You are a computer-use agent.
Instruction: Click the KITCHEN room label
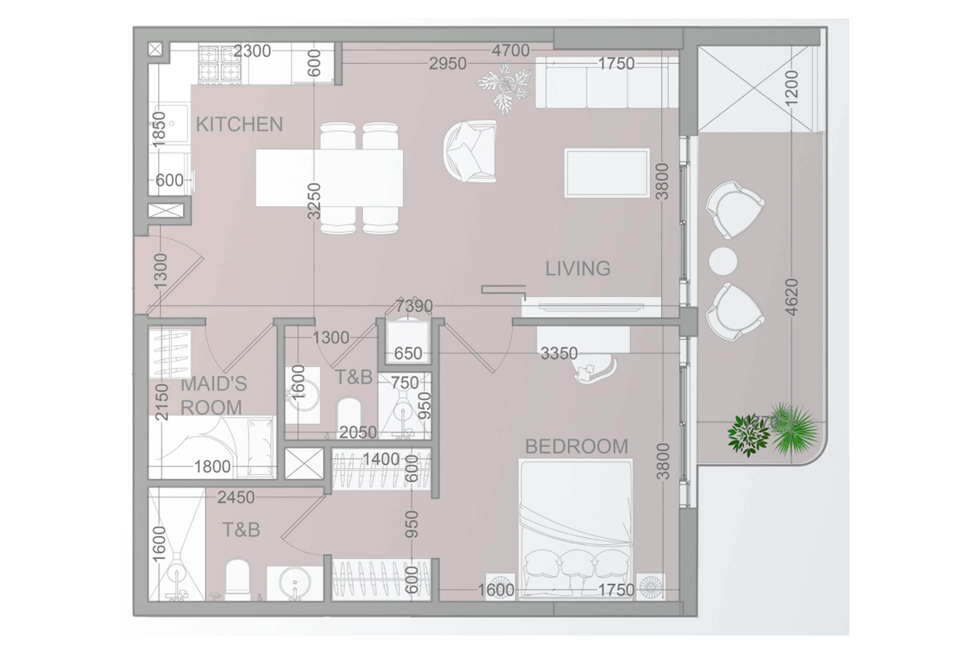pos(239,124)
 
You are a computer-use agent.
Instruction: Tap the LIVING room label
pos(578,268)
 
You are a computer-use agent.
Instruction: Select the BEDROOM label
pos(576,447)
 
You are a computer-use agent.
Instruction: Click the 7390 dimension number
pos(414,306)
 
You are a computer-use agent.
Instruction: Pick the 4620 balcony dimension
pos(791,297)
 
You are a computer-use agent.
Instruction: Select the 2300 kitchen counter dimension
pos(252,51)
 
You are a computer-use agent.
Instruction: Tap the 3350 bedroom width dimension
pos(559,353)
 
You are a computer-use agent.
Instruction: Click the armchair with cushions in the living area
pos(470,151)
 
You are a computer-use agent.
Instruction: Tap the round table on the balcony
pos(723,261)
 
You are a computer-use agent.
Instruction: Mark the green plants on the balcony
pos(772,432)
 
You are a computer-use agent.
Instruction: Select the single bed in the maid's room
pos(212,447)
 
